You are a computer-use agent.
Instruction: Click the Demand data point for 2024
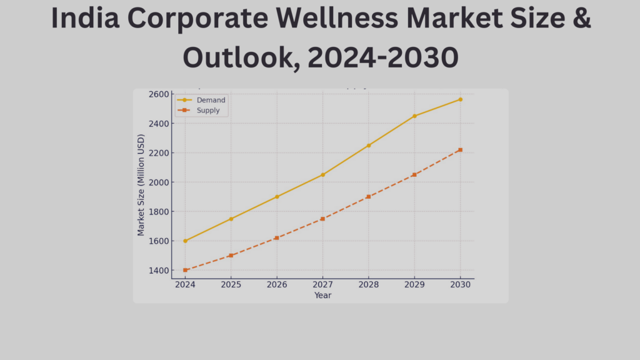point(185,241)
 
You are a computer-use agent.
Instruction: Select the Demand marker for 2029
point(414,116)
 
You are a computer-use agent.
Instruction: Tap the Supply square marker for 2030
point(461,150)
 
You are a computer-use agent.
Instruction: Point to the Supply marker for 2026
point(277,238)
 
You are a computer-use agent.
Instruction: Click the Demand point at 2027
point(322,175)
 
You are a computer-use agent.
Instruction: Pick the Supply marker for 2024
point(185,270)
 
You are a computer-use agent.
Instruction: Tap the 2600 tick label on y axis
point(159,94)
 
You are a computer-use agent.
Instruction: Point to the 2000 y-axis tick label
point(159,182)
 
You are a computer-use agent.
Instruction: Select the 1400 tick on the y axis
point(159,271)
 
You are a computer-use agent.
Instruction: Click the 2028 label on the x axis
point(369,284)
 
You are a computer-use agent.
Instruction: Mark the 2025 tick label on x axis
point(231,284)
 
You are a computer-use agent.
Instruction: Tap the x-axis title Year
point(322,295)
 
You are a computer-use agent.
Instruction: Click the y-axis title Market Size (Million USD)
point(141,186)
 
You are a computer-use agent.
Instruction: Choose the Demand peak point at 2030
point(461,99)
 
